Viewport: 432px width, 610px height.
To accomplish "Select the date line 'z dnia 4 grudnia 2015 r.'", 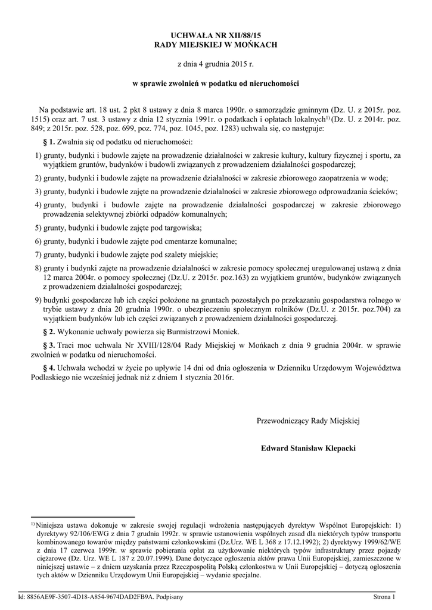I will [x=216, y=64].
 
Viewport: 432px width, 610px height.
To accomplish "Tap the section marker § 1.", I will [x=50, y=142].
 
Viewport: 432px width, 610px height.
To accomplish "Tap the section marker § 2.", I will [x=50, y=331].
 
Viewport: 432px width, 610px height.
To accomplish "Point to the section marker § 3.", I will [x=50, y=345].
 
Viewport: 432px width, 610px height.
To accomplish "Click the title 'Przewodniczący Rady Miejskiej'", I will [x=309, y=421].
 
